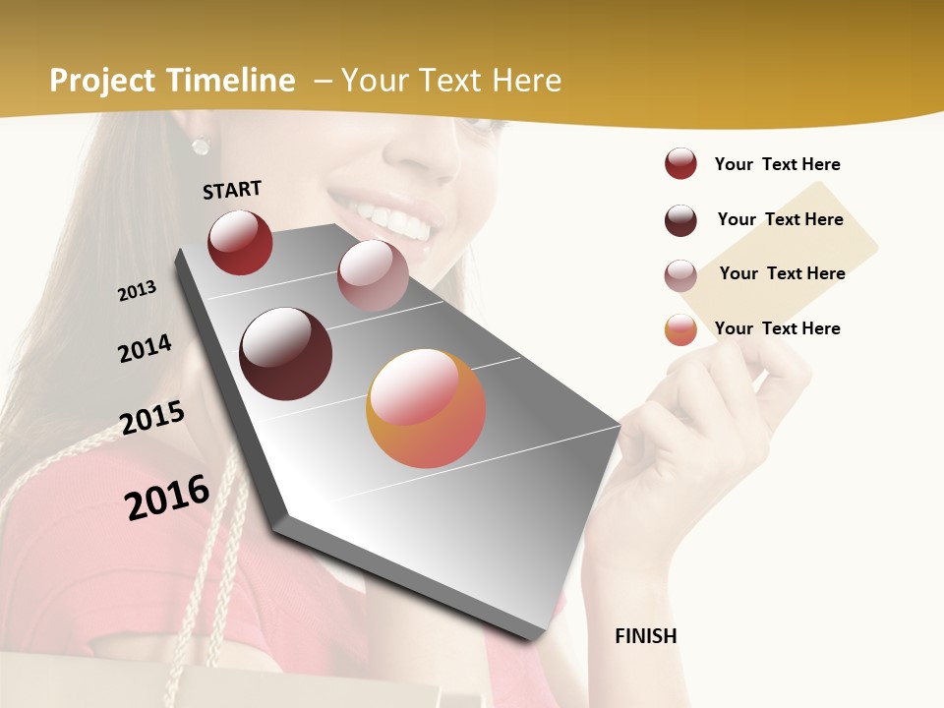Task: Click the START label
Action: (x=232, y=190)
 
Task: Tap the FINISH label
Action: (x=645, y=636)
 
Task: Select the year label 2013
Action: (x=137, y=291)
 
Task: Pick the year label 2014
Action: (x=145, y=349)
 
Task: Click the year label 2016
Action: (x=167, y=498)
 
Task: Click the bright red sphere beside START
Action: (x=240, y=242)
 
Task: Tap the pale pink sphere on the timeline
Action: (x=373, y=275)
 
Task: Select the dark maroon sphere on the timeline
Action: (x=286, y=354)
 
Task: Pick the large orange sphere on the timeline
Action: (x=426, y=408)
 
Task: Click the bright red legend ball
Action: (x=680, y=163)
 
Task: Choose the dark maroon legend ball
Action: (x=680, y=220)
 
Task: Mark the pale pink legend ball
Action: (x=680, y=275)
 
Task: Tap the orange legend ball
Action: (x=680, y=329)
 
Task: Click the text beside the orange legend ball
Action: (x=777, y=328)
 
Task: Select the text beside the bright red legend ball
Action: (x=777, y=164)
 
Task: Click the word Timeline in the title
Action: (x=231, y=81)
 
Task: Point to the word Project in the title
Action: (x=102, y=81)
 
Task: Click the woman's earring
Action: (x=201, y=145)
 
